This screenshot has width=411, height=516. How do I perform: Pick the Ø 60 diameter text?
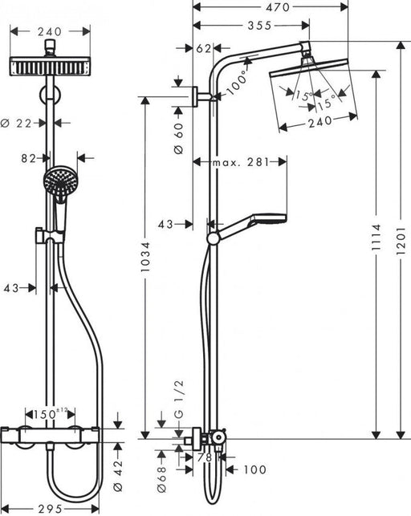[179, 128]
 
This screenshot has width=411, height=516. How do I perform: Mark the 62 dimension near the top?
[203, 49]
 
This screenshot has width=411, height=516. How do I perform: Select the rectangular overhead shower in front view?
[51, 66]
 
